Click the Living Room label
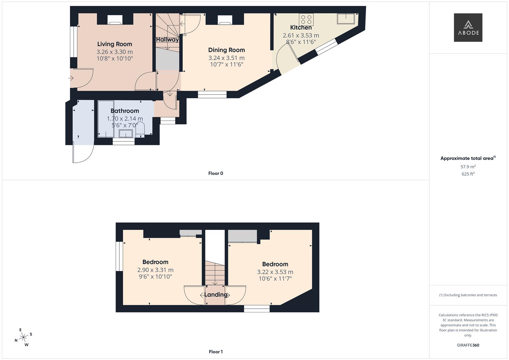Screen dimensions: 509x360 click(x=115, y=44)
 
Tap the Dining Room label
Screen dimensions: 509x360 click(x=227, y=50)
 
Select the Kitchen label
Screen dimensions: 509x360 click(x=301, y=27)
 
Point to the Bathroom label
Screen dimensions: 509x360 click(x=125, y=111)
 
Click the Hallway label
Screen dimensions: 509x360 click(x=167, y=40)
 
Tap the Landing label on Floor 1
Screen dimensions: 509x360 click(x=216, y=295)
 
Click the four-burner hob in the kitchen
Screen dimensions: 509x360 click(x=306, y=19)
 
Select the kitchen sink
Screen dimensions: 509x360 click(x=346, y=19)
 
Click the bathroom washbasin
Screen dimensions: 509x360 click(x=126, y=133)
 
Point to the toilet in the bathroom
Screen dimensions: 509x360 click(x=140, y=130)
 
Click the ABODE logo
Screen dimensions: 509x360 click(x=468, y=27)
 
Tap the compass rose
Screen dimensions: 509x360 click(x=23, y=337)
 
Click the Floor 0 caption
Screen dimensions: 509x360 click(x=216, y=173)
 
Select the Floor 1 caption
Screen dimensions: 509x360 click(x=216, y=352)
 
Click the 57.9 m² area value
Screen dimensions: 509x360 click(x=468, y=167)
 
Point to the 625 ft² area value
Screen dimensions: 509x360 click(x=468, y=174)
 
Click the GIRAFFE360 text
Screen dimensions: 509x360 click(x=468, y=345)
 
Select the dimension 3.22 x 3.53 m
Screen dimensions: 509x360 click(x=275, y=272)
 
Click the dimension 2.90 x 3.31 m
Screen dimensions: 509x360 click(x=155, y=270)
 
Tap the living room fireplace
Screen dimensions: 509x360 click(x=115, y=20)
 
